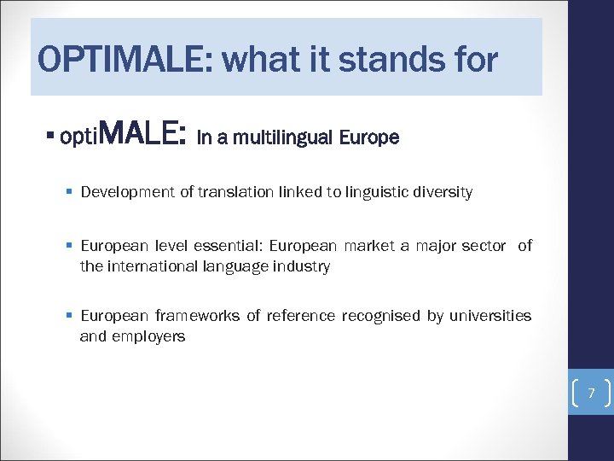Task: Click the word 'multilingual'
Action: click(x=282, y=137)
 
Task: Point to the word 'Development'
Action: click(x=127, y=192)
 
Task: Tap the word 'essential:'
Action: click(x=229, y=246)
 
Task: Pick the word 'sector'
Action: click(x=484, y=246)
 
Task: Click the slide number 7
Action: click(x=590, y=393)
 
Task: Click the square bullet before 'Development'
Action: click(x=67, y=192)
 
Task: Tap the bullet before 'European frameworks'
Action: click(x=67, y=316)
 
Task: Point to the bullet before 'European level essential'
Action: click(x=67, y=246)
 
